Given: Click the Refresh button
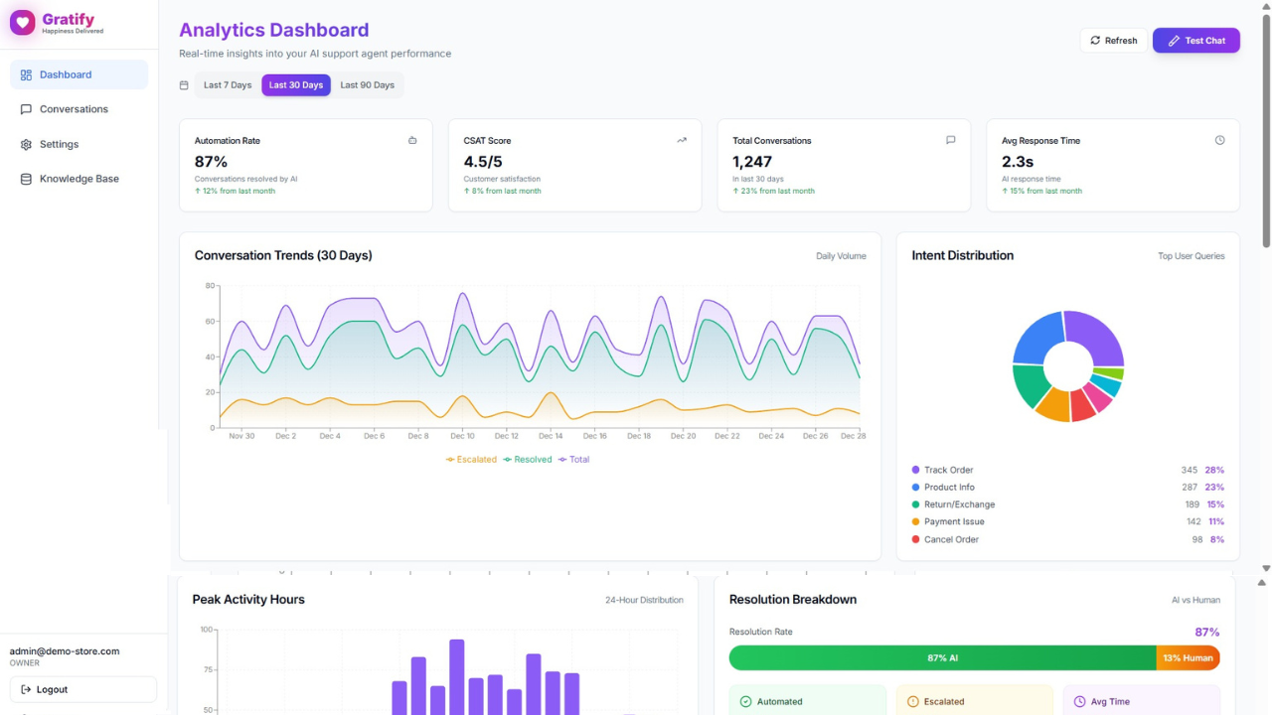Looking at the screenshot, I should (1113, 41).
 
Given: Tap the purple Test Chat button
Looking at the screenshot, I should (1195, 41).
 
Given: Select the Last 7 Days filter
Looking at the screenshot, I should (228, 85).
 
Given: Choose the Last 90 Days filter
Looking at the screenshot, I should (367, 85).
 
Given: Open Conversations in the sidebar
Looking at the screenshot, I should (74, 109).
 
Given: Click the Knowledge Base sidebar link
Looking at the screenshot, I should (79, 179).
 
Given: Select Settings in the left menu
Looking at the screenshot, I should (59, 144).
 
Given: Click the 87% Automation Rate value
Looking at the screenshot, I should (212, 162).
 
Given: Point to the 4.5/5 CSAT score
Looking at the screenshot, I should (483, 162).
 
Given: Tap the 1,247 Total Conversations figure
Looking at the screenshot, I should (752, 162).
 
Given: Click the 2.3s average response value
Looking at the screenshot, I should (1018, 162).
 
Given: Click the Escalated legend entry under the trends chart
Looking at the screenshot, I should (472, 460).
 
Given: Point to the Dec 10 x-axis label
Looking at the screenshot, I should (462, 436).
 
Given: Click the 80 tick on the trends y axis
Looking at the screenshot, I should (210, 286).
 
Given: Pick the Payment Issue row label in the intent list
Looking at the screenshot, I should (954, 522).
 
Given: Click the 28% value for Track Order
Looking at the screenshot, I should (1214, 471).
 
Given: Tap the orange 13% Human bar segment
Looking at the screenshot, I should (1188, 658).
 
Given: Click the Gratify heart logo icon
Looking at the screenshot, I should (23, 23).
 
